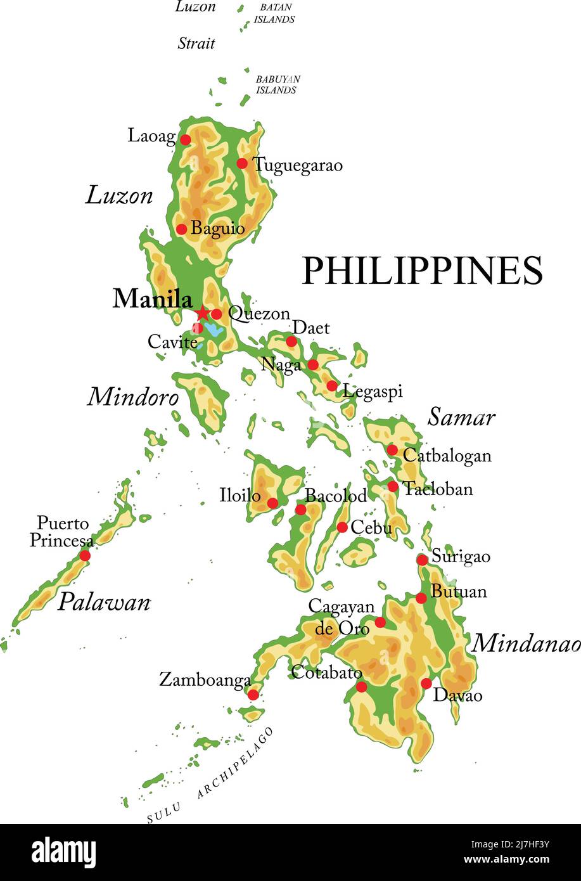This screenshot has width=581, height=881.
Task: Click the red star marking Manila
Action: click(x=202, y=312)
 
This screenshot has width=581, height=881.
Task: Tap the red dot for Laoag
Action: click(x=185, y=139)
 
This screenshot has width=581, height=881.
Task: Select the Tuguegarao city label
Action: click(x=298, y=165)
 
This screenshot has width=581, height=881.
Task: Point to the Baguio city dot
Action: click(x=181, y=229)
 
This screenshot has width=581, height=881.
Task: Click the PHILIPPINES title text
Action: click(x=422, y=271)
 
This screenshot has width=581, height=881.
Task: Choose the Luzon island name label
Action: click(x=119, y=195)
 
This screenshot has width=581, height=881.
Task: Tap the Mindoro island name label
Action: click(x=133, y=397)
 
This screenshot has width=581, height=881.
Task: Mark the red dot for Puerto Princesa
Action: click(x=84, y=555)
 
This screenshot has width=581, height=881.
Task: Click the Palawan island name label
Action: click(x=104, y=602)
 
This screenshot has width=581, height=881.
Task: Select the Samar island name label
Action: click(x=461, y=417)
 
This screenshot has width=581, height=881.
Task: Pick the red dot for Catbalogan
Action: click(x=392, y=450)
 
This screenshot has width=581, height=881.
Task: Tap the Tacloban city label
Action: click(x=438, y=489)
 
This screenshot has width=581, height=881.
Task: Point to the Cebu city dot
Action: click(x=342, y=527)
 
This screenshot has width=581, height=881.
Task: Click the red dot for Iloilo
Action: click(x=272, y=503)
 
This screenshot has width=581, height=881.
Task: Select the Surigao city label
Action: click(x=461, y=556)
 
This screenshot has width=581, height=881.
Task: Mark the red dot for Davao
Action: click(x=426, y=683)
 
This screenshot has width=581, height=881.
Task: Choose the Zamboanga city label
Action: click(x=205, y=680)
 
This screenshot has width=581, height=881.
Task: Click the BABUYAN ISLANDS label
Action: click(x=278, y=85)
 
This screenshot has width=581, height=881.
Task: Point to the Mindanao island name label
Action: click(x=526, y=643)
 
